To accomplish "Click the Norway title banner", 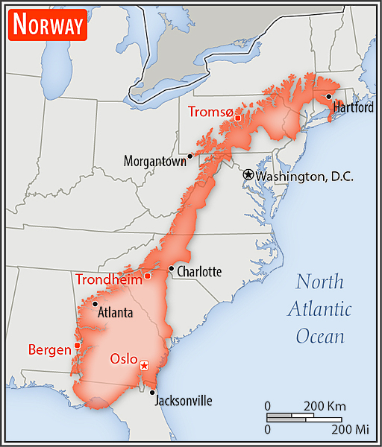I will tap(48, 25).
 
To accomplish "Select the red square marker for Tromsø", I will tap(238, 118).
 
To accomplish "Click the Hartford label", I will tap(353, 107).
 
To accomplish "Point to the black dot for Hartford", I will tap(328, 96).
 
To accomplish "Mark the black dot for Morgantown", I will tap(190, 156).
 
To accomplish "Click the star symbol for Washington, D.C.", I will tap(248, 174).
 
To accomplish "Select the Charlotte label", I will tap(198, 272).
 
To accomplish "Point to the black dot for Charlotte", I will tap(172, 268).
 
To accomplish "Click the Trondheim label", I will tap(108, 279).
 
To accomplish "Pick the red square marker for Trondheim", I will tap(147, 276).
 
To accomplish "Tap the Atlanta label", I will tap(116, 313).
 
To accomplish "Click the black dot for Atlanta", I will tap(95, 303).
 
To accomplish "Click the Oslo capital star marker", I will tap(144, 365).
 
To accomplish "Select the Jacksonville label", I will tap(183, 401).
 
